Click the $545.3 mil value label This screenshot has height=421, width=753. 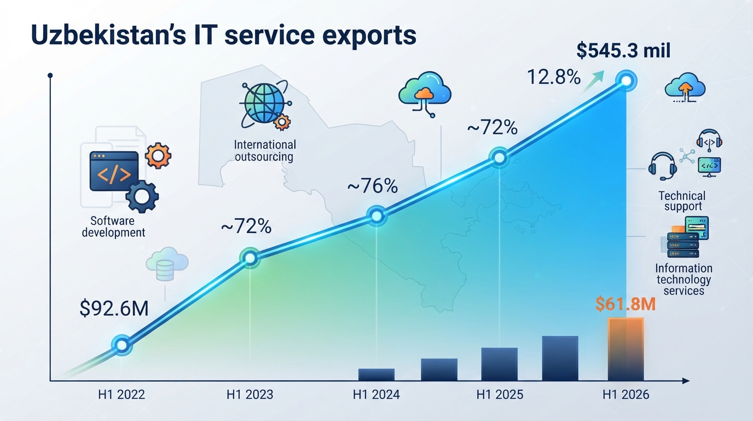tap(623, 51)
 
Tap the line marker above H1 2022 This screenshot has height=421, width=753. tap(121, 345)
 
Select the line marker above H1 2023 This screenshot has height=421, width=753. tap(250, 258)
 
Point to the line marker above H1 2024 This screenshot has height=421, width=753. tap(376, 215)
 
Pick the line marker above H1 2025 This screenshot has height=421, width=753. tap(499, 157)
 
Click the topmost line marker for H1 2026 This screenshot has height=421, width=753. tap(626, 81)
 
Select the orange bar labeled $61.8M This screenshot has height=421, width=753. tap(625, 349)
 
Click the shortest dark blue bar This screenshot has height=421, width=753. tap(376, 374)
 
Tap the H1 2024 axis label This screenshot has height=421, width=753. tap(376, 394)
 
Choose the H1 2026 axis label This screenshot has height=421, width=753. tap(625, 394)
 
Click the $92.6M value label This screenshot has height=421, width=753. tap(114, 309)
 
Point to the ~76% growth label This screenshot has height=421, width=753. tap(373, 186)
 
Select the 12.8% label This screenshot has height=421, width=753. tap(554, 77)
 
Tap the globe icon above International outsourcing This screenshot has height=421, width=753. tap(265, 104)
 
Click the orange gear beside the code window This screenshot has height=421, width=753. tap(158, 156)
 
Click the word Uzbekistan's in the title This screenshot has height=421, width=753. tap(108, 35)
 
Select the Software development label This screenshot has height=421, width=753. tap(113, 226)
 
